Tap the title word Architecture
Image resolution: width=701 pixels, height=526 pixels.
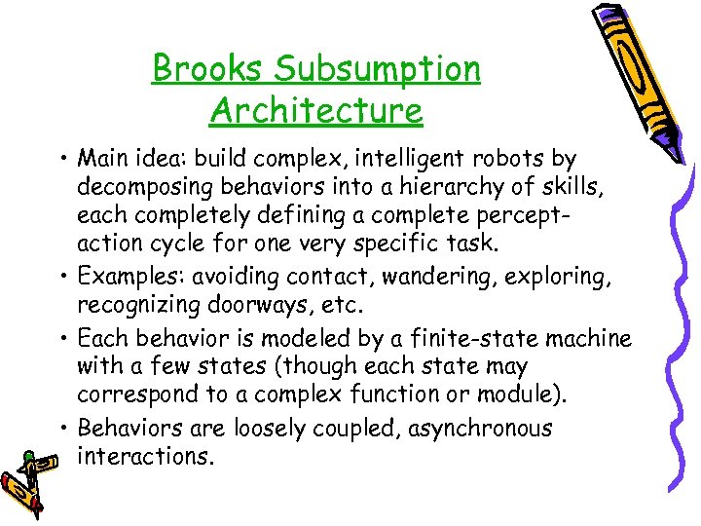point(316,110)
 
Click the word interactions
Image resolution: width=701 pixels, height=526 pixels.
point(144,456)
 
